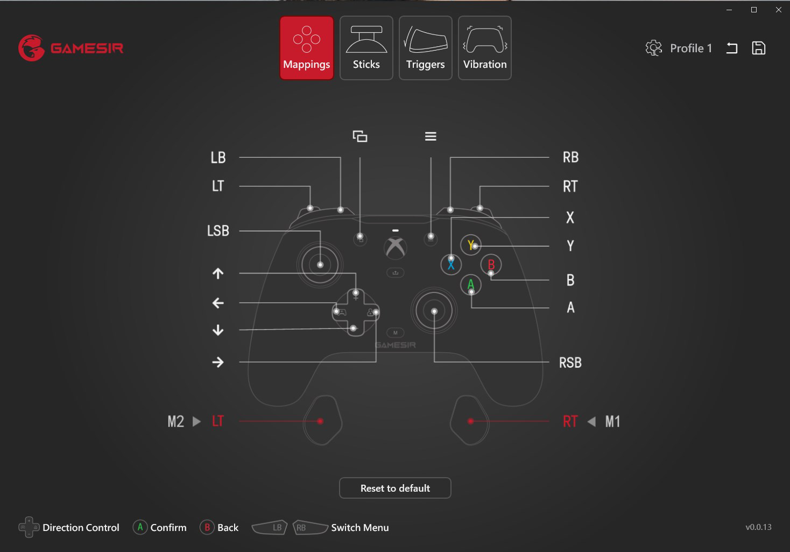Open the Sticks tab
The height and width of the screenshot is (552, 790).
coord(366,48)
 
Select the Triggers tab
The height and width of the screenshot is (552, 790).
coord(425,48)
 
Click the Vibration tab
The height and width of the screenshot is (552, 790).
coord(484,48)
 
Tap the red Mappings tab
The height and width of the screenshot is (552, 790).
coord(307,48)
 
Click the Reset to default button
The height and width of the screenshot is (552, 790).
coord(395,488)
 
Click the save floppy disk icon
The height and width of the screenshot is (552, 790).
coord(758,48)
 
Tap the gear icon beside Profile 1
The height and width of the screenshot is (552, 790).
coord(653,48)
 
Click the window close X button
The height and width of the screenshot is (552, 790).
coord(778,10)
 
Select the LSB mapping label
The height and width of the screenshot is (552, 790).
coord(218,231)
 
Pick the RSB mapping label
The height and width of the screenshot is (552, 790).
coord(570,362)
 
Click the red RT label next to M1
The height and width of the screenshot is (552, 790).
coord(570,422)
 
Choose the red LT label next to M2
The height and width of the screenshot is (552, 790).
coord(218,422)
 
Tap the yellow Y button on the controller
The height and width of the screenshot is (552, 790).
coord(470,244)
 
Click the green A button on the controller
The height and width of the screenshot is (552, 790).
coord(470,284)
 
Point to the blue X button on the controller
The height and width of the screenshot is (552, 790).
coord(451,264)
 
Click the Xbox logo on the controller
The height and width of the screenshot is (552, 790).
coord(396,247)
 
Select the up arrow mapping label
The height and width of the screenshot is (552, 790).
coord(218,273)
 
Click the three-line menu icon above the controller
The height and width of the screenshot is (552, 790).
coord(431,136)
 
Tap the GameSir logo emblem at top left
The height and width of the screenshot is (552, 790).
coord(31,48)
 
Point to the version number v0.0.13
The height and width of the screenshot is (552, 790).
coord(758,527)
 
